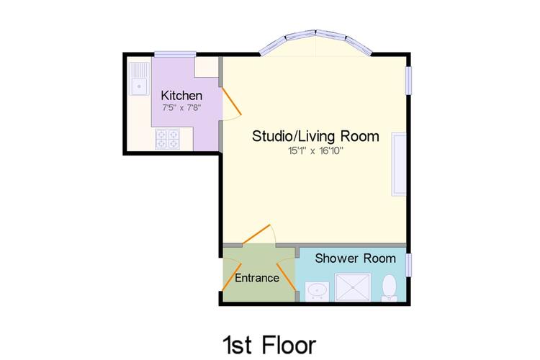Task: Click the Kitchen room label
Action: coord(181,95)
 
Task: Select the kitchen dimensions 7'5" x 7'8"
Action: coord(181,107)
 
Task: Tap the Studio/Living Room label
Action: coord(315,136)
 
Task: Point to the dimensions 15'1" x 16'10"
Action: coord(316,151)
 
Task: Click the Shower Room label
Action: coord(355,258)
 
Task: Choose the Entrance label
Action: coord(257,278)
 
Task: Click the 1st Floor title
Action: coord(270,345)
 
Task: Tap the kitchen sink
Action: coord(139,78)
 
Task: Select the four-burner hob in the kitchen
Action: coord(168,139)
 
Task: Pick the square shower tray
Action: coord(353,287)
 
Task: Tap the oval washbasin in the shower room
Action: coord(317,291)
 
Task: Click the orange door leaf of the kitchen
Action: coord(231,101)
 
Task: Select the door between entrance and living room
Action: coord(256,234)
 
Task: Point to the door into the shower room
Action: coord(287,277)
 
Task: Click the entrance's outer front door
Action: coord(231,277)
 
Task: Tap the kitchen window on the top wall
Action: coord(175,54)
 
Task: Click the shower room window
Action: coord(408,264)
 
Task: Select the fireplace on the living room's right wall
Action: coord(399,164)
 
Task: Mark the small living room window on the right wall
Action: coord(408,80)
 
